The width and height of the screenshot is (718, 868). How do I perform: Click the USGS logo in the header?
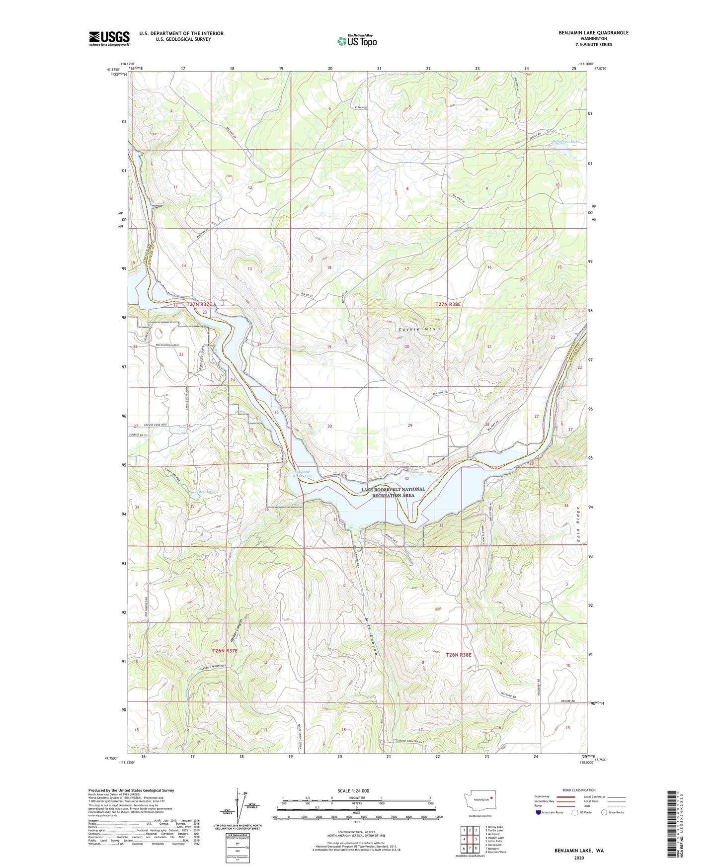click(x=109, y=38)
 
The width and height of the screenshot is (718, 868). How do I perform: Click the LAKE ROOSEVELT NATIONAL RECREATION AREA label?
click(x=393, y=492)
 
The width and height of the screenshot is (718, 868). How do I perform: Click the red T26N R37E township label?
click(x=225, y=651)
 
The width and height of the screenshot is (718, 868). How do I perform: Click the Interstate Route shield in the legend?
click(x=539, y=813)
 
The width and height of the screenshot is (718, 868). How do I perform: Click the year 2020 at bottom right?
click(x=578, y=858)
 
